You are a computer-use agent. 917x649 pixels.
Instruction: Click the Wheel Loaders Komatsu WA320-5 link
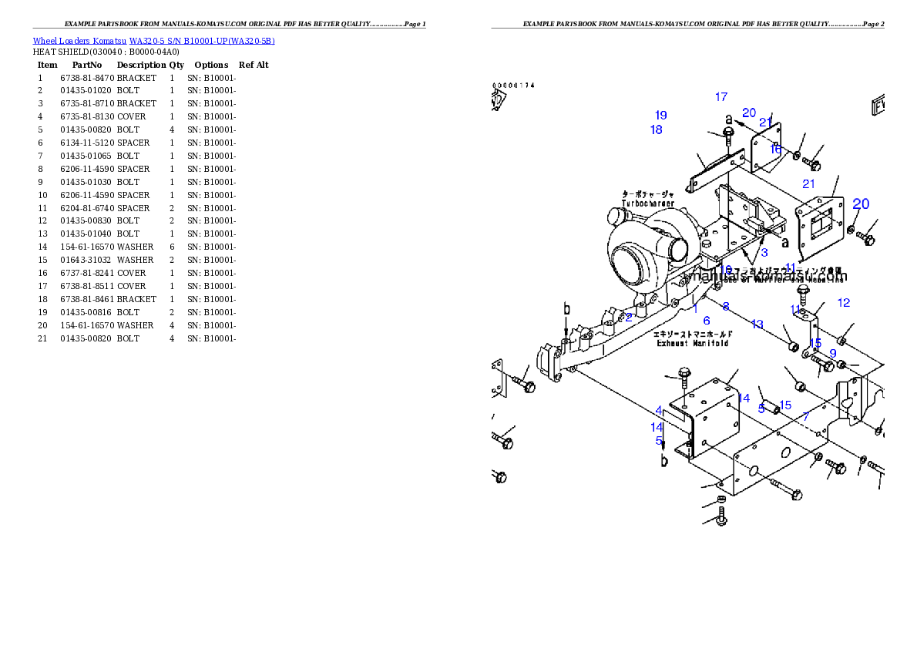[153, 41]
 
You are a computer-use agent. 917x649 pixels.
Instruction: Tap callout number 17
[721, 97]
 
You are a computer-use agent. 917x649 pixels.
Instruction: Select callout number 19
[661, 116]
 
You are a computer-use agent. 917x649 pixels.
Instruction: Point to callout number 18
[657, 130]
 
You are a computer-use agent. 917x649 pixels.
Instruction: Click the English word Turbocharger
[648, 203]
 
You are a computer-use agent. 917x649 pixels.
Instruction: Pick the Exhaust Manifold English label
[693, 343]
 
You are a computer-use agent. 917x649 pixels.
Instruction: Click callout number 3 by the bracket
[764, 253]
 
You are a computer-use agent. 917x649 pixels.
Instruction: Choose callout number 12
[844, 303]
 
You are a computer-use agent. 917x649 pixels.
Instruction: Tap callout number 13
[757, 324]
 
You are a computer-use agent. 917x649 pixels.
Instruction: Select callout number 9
[833, 353]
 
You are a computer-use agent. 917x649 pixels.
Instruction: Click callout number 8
[726, 307]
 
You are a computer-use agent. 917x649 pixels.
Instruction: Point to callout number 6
[706, 321]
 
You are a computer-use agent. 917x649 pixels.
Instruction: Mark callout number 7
[806, 416]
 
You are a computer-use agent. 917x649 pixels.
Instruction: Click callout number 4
[659, 410]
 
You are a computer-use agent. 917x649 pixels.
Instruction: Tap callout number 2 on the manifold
[629, 317]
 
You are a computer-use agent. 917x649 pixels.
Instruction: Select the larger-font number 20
[861, 204]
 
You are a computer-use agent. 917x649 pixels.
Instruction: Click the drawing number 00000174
[514, 86]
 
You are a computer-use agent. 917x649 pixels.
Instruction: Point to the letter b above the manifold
[566, 309]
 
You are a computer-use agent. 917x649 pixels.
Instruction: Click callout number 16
[775, 150]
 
